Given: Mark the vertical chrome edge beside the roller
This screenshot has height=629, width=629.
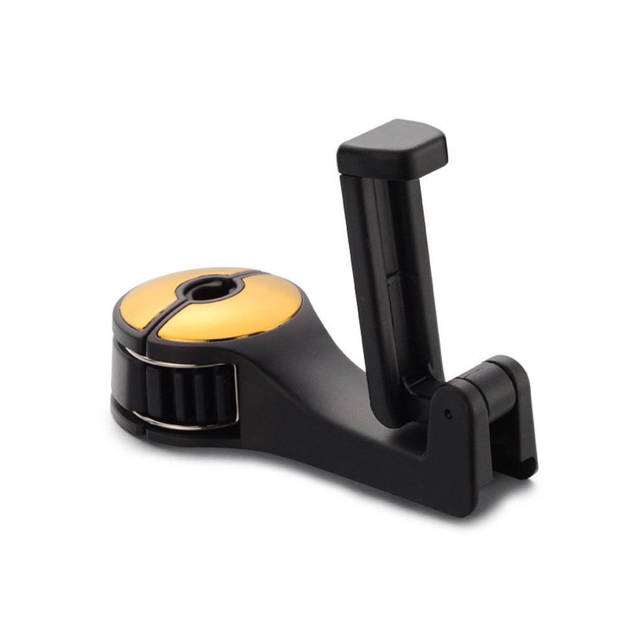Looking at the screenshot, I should point(237,393).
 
